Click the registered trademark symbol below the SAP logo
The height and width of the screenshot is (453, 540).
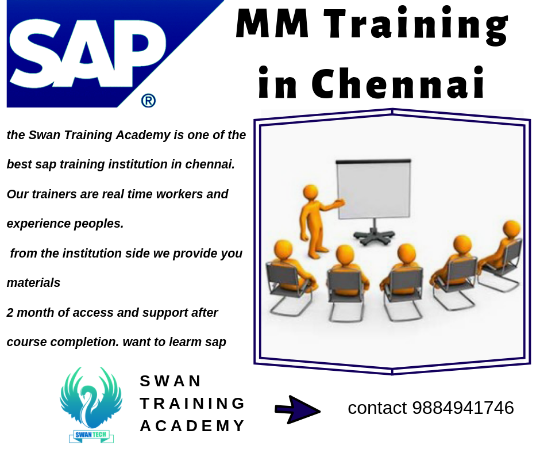point(148,101)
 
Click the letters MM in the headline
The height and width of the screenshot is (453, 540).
point(272,23)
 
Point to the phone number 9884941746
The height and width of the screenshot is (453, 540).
point(463,408)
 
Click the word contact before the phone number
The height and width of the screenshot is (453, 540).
point(377,408)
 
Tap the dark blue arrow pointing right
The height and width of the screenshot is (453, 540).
point(298,410)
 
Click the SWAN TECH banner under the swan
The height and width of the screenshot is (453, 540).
point(91,435)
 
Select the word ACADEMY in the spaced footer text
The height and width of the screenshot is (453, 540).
point(192,426)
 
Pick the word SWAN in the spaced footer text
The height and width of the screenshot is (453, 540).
point(170,381)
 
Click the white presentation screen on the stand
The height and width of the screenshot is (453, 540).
point(373,189)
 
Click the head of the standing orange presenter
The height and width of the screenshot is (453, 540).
point(311,193)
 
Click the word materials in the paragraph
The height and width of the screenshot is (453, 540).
point(33,283)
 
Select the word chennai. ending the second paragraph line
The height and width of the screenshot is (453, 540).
point(210,164)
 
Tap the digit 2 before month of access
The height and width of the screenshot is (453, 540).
point(10,313)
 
